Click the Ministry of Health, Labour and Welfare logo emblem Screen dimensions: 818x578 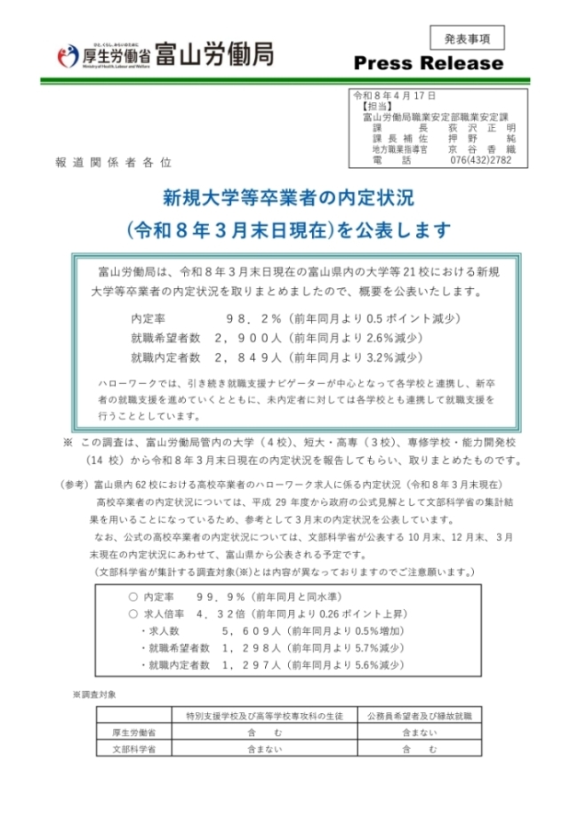click(68, 55)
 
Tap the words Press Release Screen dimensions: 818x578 click(428, 64)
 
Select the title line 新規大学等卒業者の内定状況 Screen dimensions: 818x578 click(288, 197)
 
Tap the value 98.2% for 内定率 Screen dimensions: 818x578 click(253, 317)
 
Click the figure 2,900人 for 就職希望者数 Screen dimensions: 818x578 click(248, 338)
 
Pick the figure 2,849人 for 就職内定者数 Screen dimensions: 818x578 click(248, 358)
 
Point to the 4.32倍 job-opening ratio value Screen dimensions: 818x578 click(219, 613)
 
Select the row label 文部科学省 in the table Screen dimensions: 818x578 click(132, 750)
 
